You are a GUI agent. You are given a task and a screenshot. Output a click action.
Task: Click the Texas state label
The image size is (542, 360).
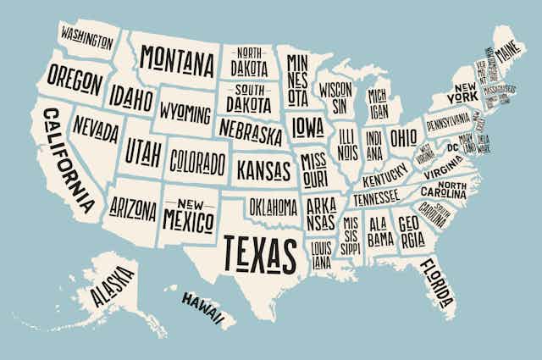[261, 252]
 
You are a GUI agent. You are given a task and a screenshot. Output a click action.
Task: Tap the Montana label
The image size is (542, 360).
[177, 59]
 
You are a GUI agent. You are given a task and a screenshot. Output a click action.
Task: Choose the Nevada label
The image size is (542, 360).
[96, 130]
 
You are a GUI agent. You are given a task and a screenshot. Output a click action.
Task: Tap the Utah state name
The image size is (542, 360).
[142, 152]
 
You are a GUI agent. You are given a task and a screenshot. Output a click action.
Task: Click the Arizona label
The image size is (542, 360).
[134, 208]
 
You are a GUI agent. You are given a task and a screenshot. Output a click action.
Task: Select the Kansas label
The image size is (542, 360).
[263, 170]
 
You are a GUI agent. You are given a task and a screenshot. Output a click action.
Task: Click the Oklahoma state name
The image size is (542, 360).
[274, 206]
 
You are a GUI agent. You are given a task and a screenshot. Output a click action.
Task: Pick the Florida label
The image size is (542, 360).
[436, 283]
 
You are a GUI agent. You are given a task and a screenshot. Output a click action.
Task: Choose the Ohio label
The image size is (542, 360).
[403, 136]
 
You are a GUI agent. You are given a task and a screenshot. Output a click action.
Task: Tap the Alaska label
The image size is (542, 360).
[112, 286]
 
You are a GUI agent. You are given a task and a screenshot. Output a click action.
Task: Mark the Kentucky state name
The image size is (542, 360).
[384, 180]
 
